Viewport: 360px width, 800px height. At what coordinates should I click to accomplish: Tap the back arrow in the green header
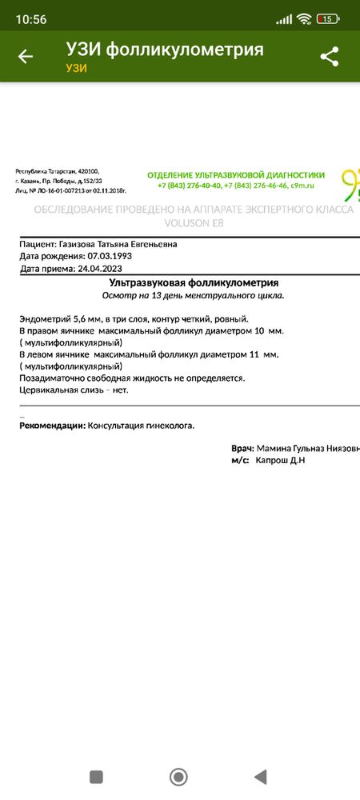click(x=26, y=57)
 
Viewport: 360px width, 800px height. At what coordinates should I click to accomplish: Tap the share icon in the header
click(x=329, y=57)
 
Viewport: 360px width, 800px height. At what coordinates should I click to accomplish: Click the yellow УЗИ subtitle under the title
click(x=76, y=68)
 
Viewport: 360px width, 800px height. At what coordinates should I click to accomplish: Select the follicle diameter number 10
click(x=259, y=330)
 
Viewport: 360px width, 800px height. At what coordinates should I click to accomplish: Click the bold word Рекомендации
click(x=51, y=426)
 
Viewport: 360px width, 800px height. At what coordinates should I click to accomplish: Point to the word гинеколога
click(x=169, y=426)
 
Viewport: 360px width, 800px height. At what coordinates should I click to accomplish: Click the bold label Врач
click(x=242, y=449)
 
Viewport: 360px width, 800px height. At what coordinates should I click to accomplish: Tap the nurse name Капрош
click(x=272, y=461)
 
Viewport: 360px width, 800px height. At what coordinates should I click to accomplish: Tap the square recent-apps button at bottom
click(x=97, y=777)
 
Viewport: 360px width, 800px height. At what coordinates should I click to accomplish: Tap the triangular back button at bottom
click(x=260, y=777)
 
